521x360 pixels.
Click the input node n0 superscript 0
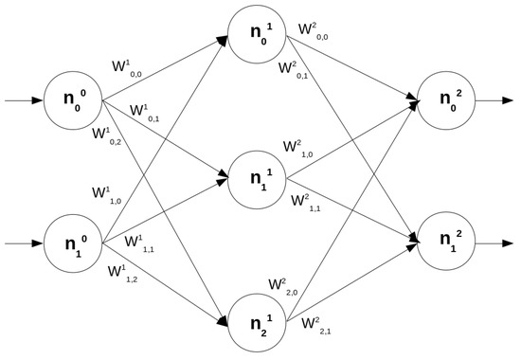coord(72,99)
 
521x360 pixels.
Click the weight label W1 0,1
coord(144,113)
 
